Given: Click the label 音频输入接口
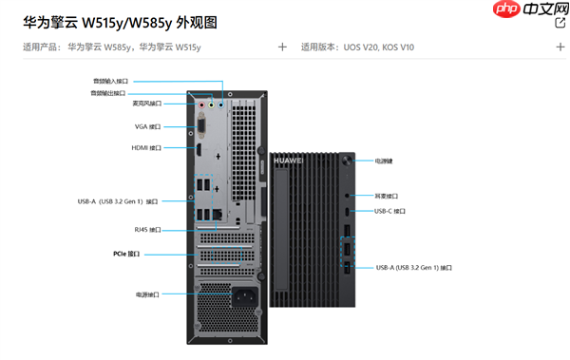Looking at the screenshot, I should click(109, 82).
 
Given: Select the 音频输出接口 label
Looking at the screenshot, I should click(109, 93).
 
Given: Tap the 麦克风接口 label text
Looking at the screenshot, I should click(146, 104).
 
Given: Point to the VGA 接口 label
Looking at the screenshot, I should click(147, 126).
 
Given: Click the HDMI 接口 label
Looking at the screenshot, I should click(146, 148).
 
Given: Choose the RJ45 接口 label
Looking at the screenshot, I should click(147, 230).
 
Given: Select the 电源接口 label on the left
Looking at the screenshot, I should click(148, 295).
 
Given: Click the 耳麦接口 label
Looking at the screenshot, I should click(385, 194).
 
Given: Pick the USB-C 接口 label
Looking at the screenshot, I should click(389, 211).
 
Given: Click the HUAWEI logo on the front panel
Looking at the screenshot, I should click(288, 161).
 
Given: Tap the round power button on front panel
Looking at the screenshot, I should click(350, 161).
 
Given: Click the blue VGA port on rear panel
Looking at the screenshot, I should click(200, 125).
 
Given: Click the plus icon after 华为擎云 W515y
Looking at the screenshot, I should click(282, 46).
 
